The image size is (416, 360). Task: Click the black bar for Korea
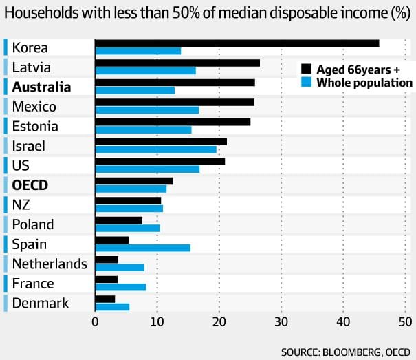tap(237, 43)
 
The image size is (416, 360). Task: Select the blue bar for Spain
tap(142, 248)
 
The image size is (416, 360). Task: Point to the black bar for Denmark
tap(105, 299)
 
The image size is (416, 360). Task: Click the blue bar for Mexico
tap(146, 110)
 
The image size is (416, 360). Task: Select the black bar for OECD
tap(133, 181)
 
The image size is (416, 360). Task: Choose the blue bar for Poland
tap(127, 228)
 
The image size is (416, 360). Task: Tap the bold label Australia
tap(41, 87)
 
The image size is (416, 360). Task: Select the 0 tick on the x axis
tap(95, 321)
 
